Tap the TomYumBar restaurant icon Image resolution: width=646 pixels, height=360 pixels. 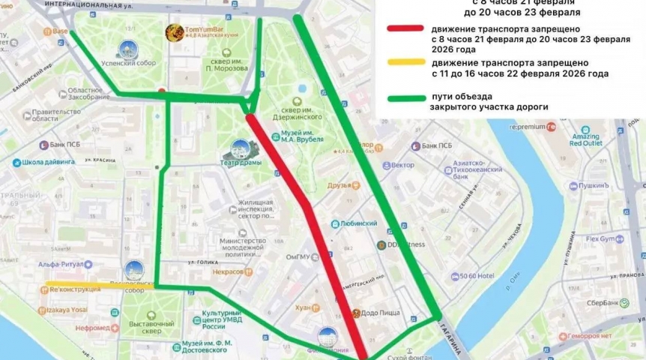click(x=174, y=31)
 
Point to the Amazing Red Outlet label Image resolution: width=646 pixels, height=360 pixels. click(x=585, y=138)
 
